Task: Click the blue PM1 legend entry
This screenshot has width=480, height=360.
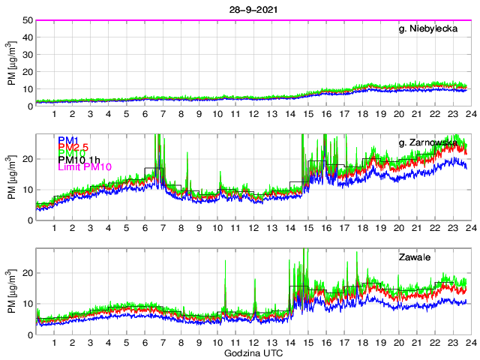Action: pyautogui.click(x=67, y=139)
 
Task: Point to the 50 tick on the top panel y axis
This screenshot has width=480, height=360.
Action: pyautogui.click(x=27, y=20)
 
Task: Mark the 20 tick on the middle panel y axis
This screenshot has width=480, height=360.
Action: pyautogui.click(x=27, y=159)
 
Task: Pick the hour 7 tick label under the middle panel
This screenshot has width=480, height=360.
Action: pyautogui.click(x=163, y=228)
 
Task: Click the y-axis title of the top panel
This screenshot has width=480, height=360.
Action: pyautogui.click(x=11, y=64)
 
